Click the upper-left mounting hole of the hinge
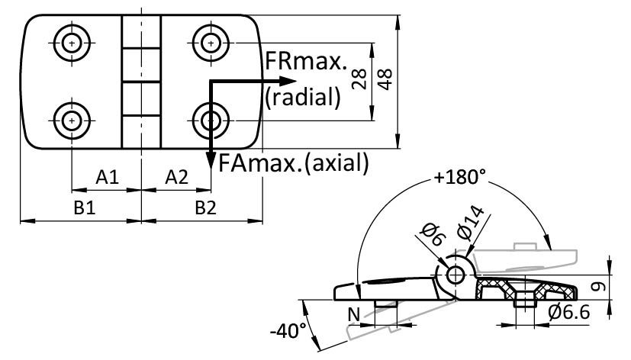click(71, 43)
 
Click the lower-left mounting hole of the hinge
click(71, 120)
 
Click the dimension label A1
click(107, 177)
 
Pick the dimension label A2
click(176, 177)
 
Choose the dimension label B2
click(204, 208)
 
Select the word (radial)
click(301, 98)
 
